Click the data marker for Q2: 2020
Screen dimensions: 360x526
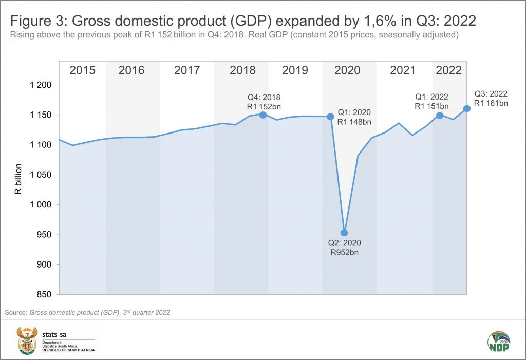(x=344, y=233)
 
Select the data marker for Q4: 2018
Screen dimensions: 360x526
(x=263, y=115)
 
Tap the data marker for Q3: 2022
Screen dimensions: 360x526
(x=466, y=108)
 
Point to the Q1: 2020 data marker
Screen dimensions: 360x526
(x=330, y=117)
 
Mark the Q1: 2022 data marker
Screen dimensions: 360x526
(x=440, y=115)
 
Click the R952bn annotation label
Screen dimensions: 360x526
(x=344, y=253)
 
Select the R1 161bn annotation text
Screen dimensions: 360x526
(x=491, y=104)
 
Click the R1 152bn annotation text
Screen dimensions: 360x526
(x=264, y=106)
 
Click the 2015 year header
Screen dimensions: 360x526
(x=82, y=70)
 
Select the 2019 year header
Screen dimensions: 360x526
(x=294, y=70)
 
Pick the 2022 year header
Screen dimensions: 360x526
(x=448, y=70)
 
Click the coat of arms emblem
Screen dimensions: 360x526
(x=25, y=340)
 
